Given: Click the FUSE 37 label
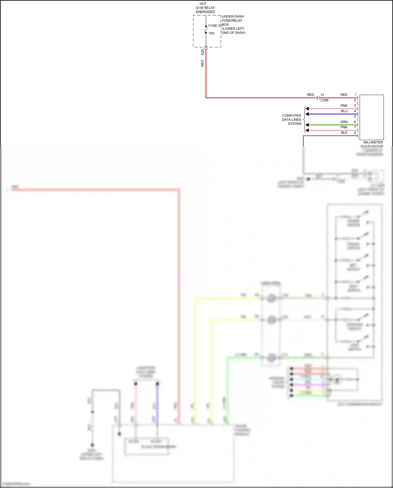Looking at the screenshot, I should point(215,26).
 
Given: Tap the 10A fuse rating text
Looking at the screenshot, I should point(211,33).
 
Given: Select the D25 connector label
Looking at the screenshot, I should point(203,52).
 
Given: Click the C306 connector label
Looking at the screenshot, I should point(324,100).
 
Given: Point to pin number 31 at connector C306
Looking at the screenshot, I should point(322,95).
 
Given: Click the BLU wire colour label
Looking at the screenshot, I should point(344,111).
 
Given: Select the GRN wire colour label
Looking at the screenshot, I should point(344,122).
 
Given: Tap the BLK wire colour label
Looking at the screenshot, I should point(344,133).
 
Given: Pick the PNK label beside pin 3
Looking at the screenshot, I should point(344,106).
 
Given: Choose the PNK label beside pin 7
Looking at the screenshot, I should point(344,127).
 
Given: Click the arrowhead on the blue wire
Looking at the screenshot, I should point(307,114).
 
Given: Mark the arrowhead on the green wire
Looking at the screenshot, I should point(307,125).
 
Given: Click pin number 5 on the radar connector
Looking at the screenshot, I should point(355,116).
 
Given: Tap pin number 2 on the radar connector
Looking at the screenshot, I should point(355,100).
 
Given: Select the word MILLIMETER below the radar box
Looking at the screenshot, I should point(373,142).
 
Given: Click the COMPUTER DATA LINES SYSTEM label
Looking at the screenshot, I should point(292,120).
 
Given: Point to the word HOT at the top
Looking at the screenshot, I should point(203,4).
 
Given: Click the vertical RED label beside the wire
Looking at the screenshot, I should point(203,63).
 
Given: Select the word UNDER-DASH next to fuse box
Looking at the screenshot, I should point(233,17).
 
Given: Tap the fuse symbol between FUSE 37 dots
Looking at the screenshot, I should point(206,29).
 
